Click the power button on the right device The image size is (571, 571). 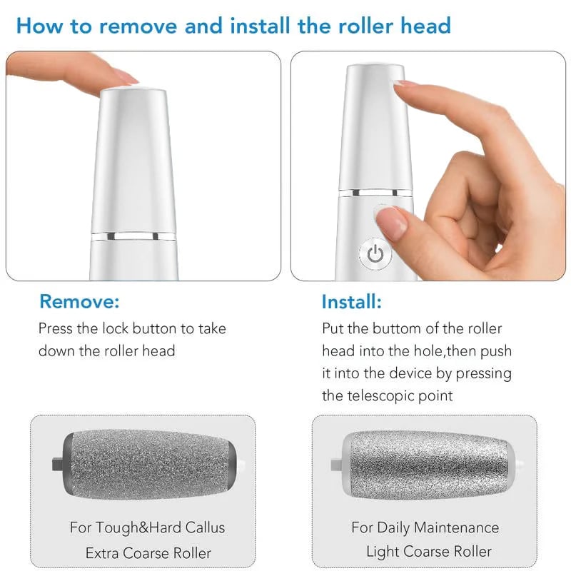click(x=375, y=253)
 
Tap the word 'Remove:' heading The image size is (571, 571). click(x=79, y=301)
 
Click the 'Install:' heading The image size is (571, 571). click(x=351, y=301)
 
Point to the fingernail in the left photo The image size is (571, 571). click(x=126, y=79)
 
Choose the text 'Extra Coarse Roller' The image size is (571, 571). click(x=148, y=552)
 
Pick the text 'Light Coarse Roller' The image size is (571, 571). click(x=428, y=551)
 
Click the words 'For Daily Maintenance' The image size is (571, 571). click(x=425, y=528)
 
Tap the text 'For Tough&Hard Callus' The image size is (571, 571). click(x=147, y=528)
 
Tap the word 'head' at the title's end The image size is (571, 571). click(x=424, y=26)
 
